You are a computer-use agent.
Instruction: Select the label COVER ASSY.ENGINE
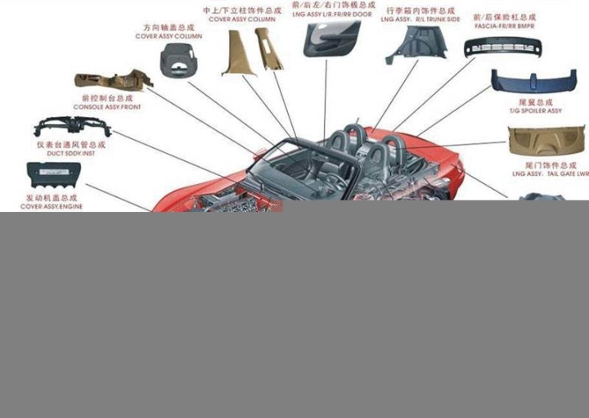point(52,206)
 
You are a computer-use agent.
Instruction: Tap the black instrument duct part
point(72,127)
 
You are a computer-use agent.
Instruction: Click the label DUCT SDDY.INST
point(71,153)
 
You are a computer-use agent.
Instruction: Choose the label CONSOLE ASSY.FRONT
point(107,107)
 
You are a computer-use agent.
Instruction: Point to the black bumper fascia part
point(502,47)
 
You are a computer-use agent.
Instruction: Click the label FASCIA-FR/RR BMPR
point(505,25)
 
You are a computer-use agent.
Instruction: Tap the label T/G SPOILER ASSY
point(536,110)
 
